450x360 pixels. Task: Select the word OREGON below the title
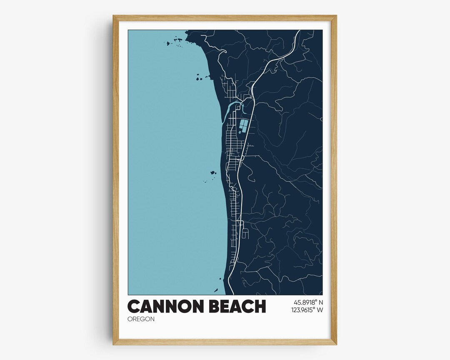coord(141,319)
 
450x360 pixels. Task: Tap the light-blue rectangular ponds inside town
coord(242,124)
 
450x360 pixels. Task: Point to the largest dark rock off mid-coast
coord(213,172)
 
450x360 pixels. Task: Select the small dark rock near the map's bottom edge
coord(216,290)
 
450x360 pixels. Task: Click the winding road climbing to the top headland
coord(219,50)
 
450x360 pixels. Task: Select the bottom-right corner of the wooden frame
coord(336,344)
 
